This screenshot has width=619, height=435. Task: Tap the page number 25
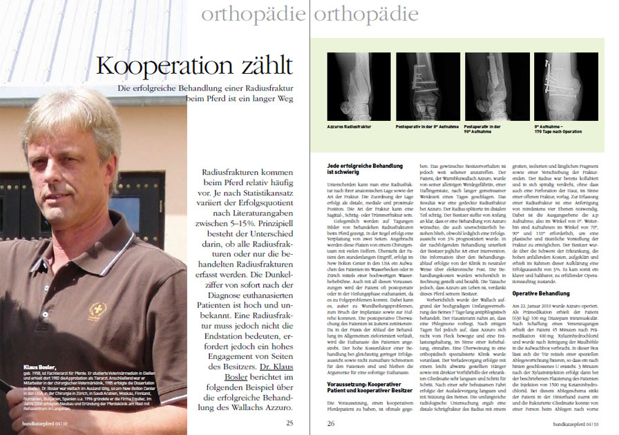(290, 423)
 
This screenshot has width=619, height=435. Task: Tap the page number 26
(331, 423)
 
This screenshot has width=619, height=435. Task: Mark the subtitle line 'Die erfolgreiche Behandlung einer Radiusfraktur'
(205, 88)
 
